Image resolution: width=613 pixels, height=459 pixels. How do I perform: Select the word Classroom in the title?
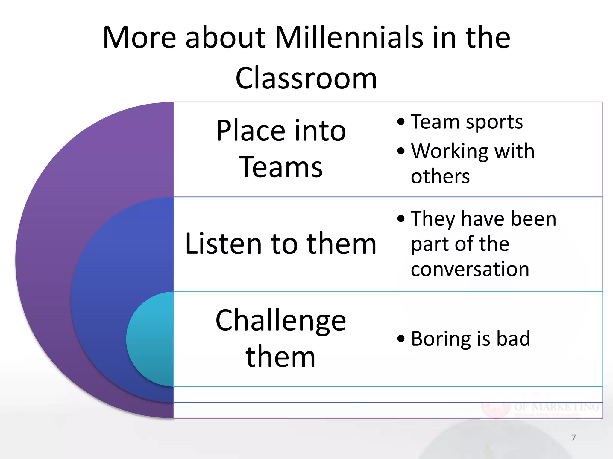[306, 78]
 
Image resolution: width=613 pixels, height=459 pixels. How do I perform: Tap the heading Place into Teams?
[281, 149]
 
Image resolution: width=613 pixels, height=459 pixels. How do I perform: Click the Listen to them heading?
[281, 244]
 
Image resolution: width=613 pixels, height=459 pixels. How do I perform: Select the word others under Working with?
[440, 177]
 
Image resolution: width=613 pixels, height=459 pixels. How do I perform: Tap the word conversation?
[470, 269]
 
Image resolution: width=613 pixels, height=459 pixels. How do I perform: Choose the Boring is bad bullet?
[471, 339]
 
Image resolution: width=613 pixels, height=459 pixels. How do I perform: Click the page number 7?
[573, 438]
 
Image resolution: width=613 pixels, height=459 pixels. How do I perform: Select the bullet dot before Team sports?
[401, 122]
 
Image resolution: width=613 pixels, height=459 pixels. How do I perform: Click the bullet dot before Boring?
[401, 339]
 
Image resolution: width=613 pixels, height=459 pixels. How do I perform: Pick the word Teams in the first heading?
[281, 167]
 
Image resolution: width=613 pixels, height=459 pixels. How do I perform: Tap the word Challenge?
[281, 320]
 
